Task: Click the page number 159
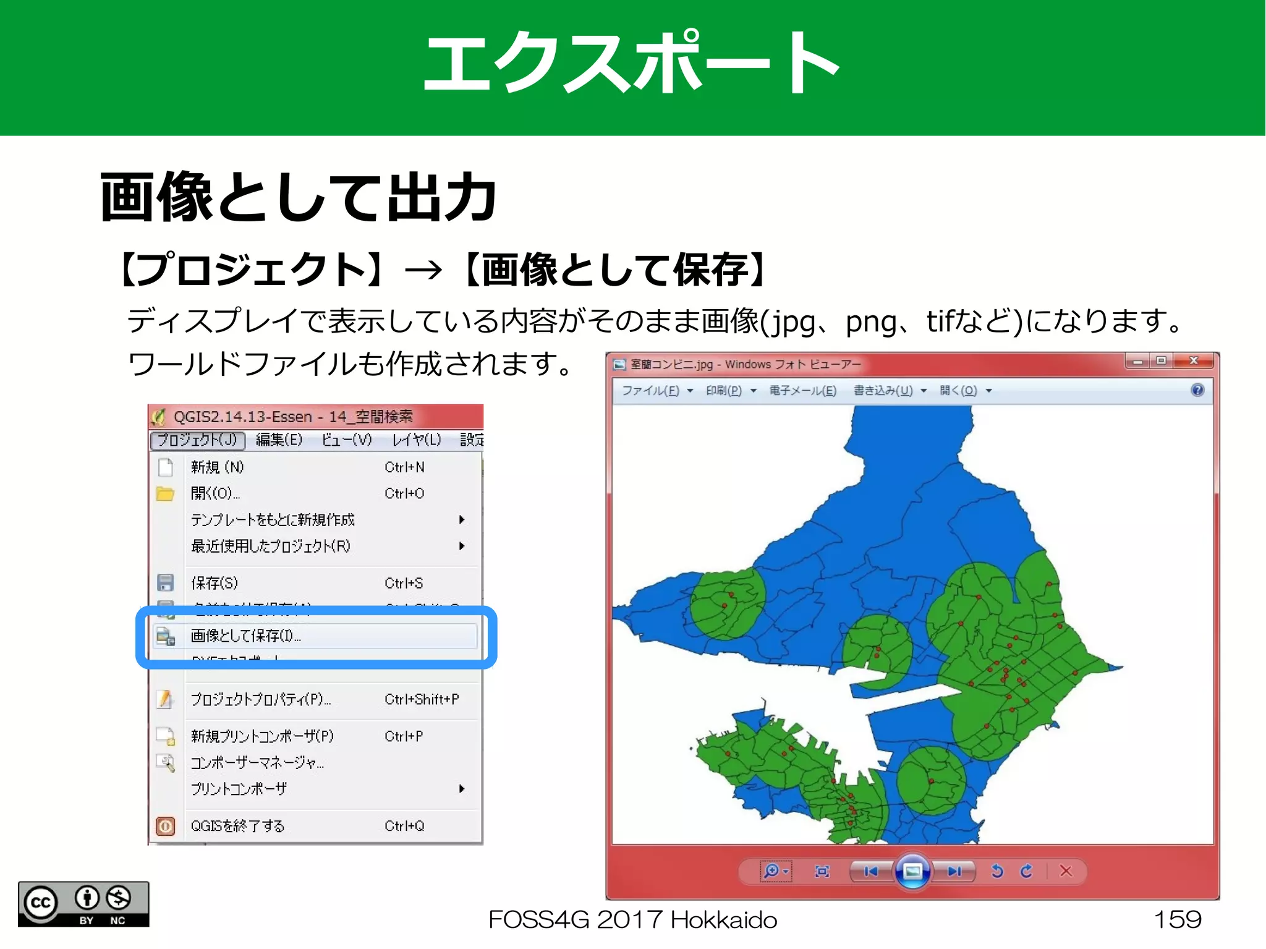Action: click(1177, 920)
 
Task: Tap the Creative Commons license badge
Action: click(83, 904)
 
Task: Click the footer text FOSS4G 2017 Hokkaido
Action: click(632, 920)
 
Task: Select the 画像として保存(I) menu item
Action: click(246, 636)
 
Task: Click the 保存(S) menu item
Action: click(215, 583)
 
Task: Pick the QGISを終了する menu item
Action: click(237, 826)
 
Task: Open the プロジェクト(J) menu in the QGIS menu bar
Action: click(197, 440)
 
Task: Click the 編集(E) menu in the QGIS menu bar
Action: click(279, 440)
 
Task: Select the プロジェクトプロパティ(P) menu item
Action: click(260, 699)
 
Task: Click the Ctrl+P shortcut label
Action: click(404, 736)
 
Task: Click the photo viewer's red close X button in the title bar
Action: click(1194, 360)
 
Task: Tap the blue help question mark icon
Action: click(1197, 390)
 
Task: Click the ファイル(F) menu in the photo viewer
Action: click(650, 391)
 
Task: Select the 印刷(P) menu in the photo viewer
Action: click(724, 391)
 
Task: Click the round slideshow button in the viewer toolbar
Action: click(912, 871)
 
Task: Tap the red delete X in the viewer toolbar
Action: click(1066, 871)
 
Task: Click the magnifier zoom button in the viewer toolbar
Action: click(772, 871)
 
